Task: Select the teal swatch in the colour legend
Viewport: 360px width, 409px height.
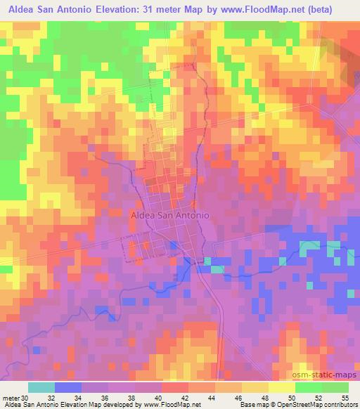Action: pos(41,387)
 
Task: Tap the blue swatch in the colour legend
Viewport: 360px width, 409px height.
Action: pos(68,387)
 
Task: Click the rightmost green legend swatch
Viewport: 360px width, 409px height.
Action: pos(335,387)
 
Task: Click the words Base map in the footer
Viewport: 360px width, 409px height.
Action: pos(252,405)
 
